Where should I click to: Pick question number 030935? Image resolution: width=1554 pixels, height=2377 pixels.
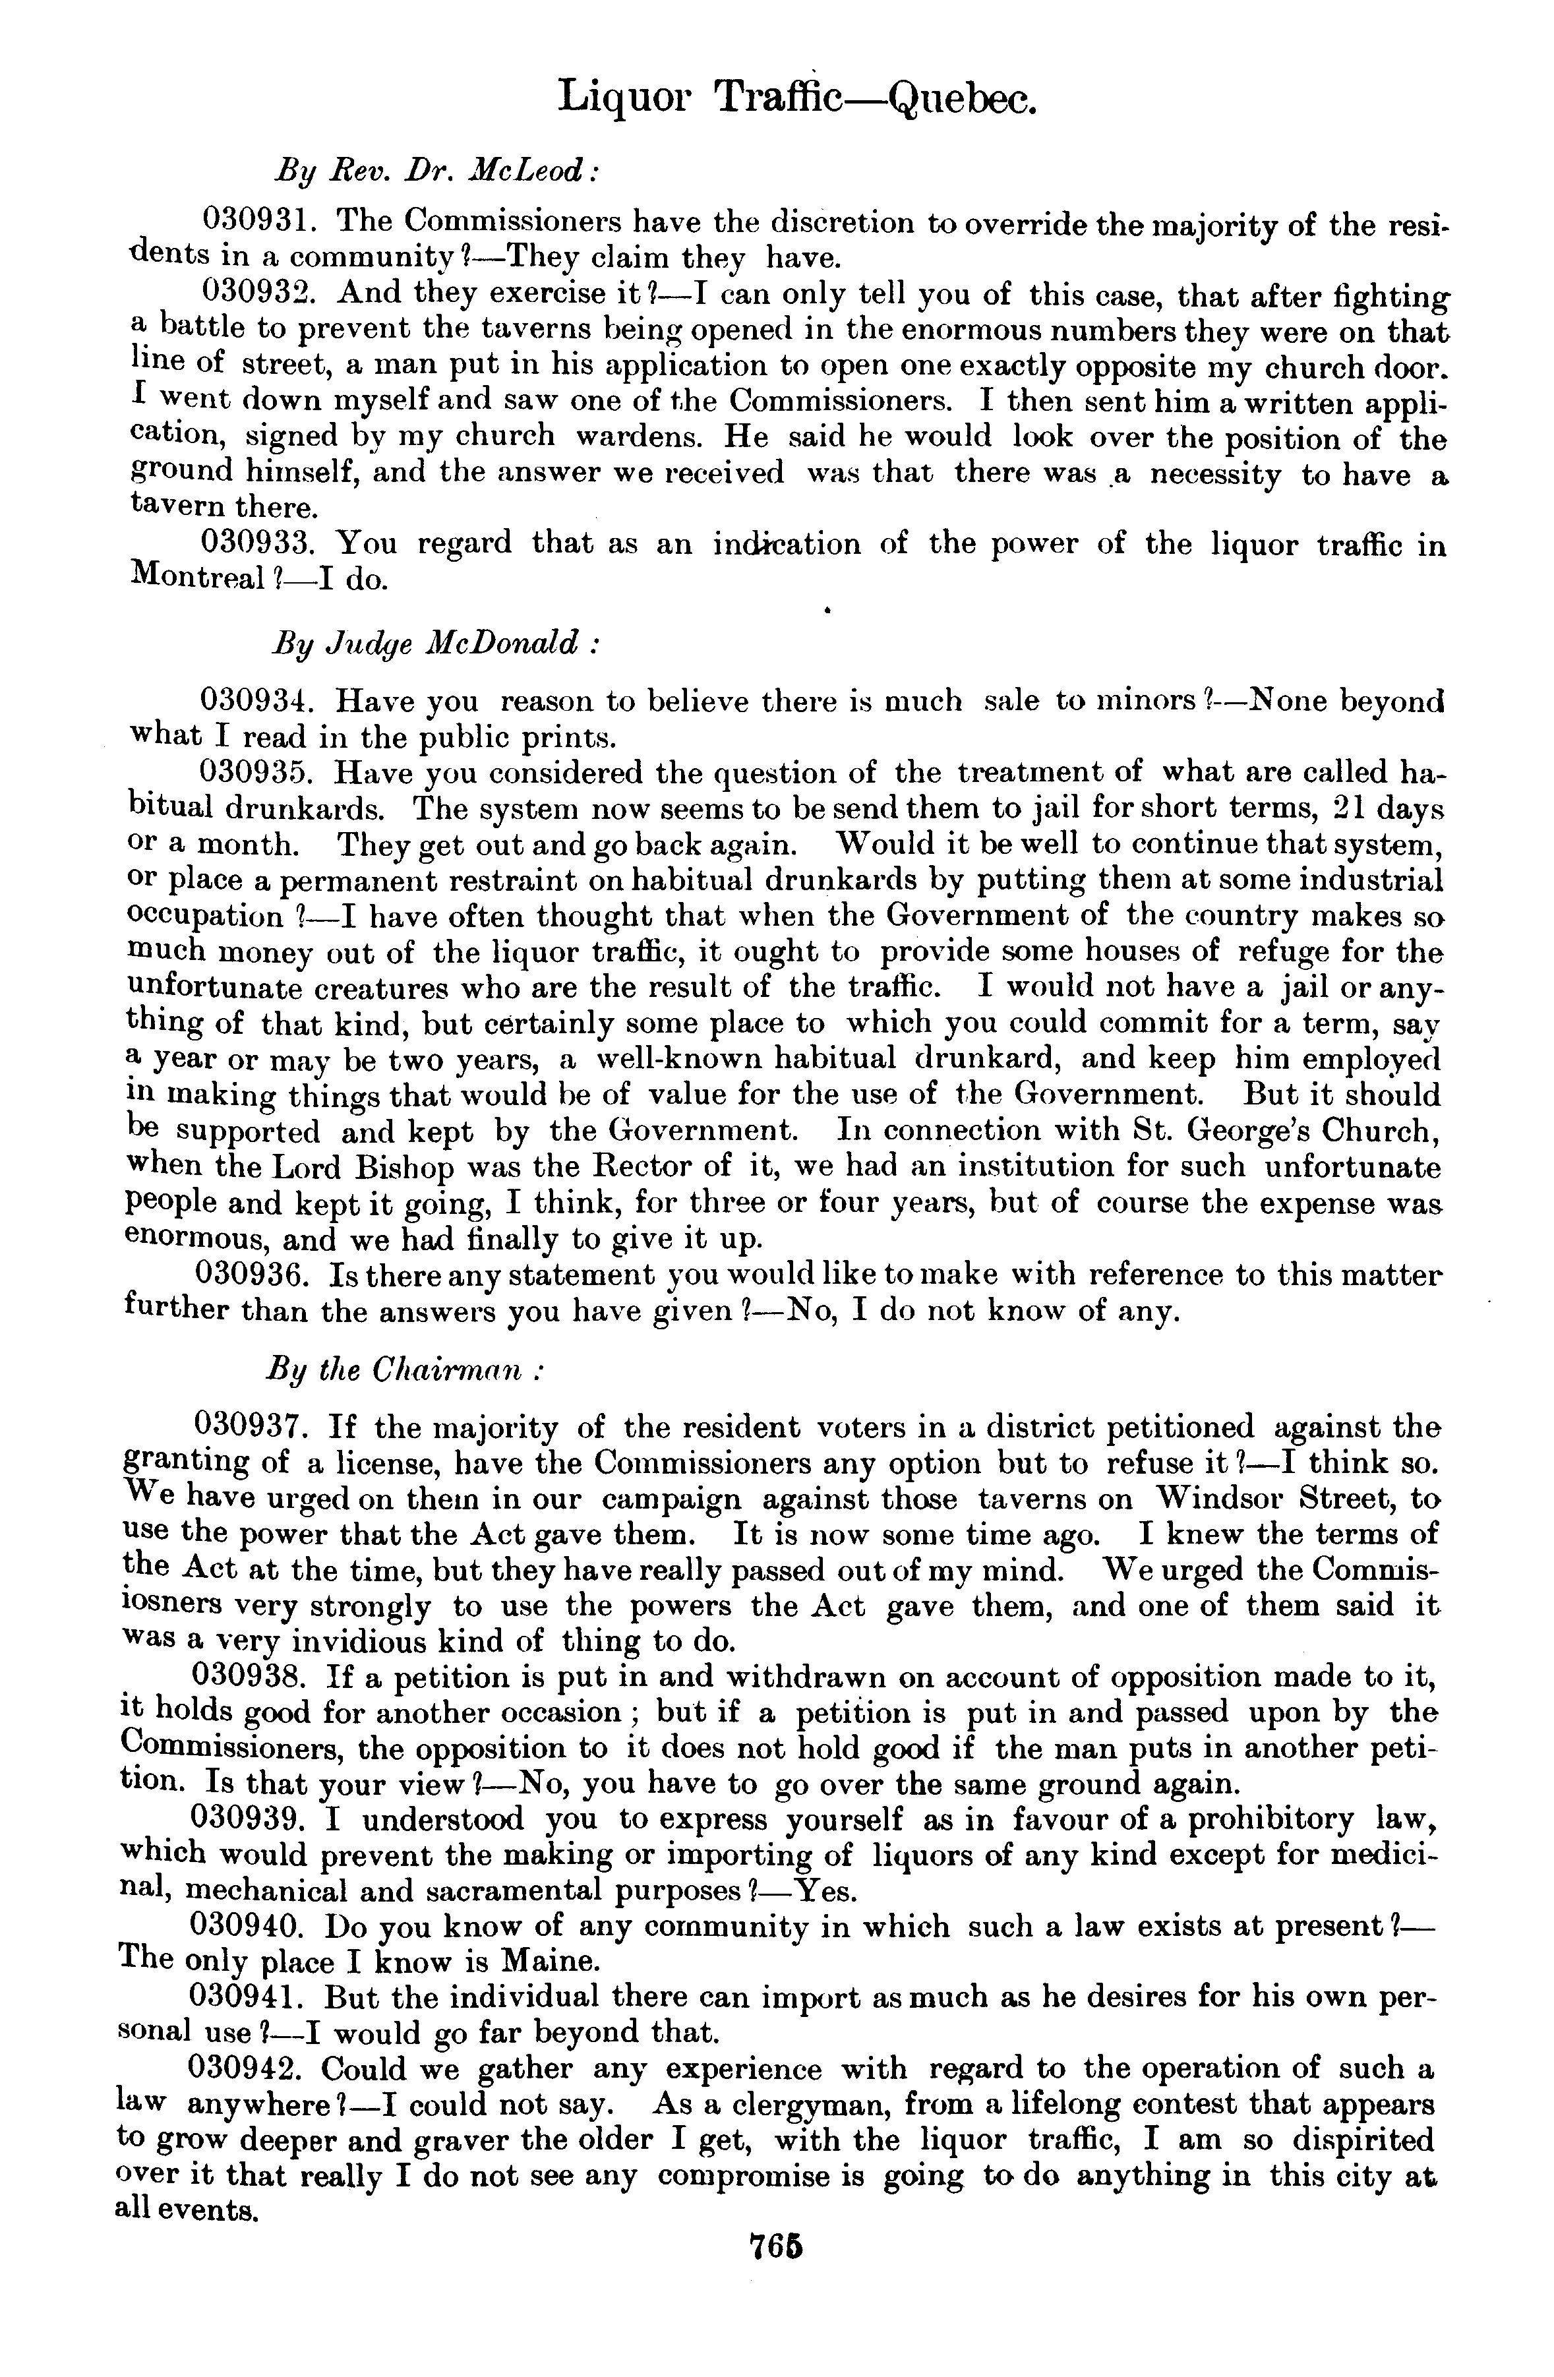(260, 773)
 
